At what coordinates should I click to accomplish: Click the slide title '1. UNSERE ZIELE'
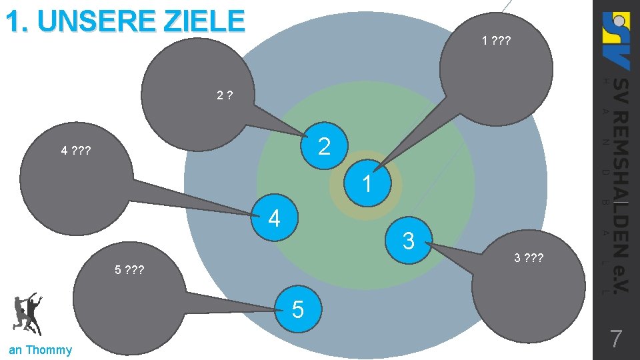tap(125, 21)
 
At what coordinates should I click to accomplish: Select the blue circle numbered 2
tap(324, 146)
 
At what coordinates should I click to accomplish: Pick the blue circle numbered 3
tap(409, 240)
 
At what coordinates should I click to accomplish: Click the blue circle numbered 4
tap(273, 218)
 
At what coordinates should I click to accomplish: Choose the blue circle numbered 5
tap(297, 309)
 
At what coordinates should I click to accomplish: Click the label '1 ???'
tap(496, 41)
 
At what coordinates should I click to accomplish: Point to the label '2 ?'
tap(225, 96)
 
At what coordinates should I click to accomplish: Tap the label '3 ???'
tap(529, 258)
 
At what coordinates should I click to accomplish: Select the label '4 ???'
tap(75, 151)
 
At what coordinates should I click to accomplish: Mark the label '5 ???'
tap(129, 271)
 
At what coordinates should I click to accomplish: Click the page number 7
tap(616, 339)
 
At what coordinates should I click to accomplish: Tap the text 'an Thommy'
tap(40, 350)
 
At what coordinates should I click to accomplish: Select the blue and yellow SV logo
tap(615, 40)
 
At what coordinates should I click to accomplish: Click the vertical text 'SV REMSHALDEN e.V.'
tap(619, 183)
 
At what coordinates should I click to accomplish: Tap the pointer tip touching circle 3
tap(435, 246)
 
